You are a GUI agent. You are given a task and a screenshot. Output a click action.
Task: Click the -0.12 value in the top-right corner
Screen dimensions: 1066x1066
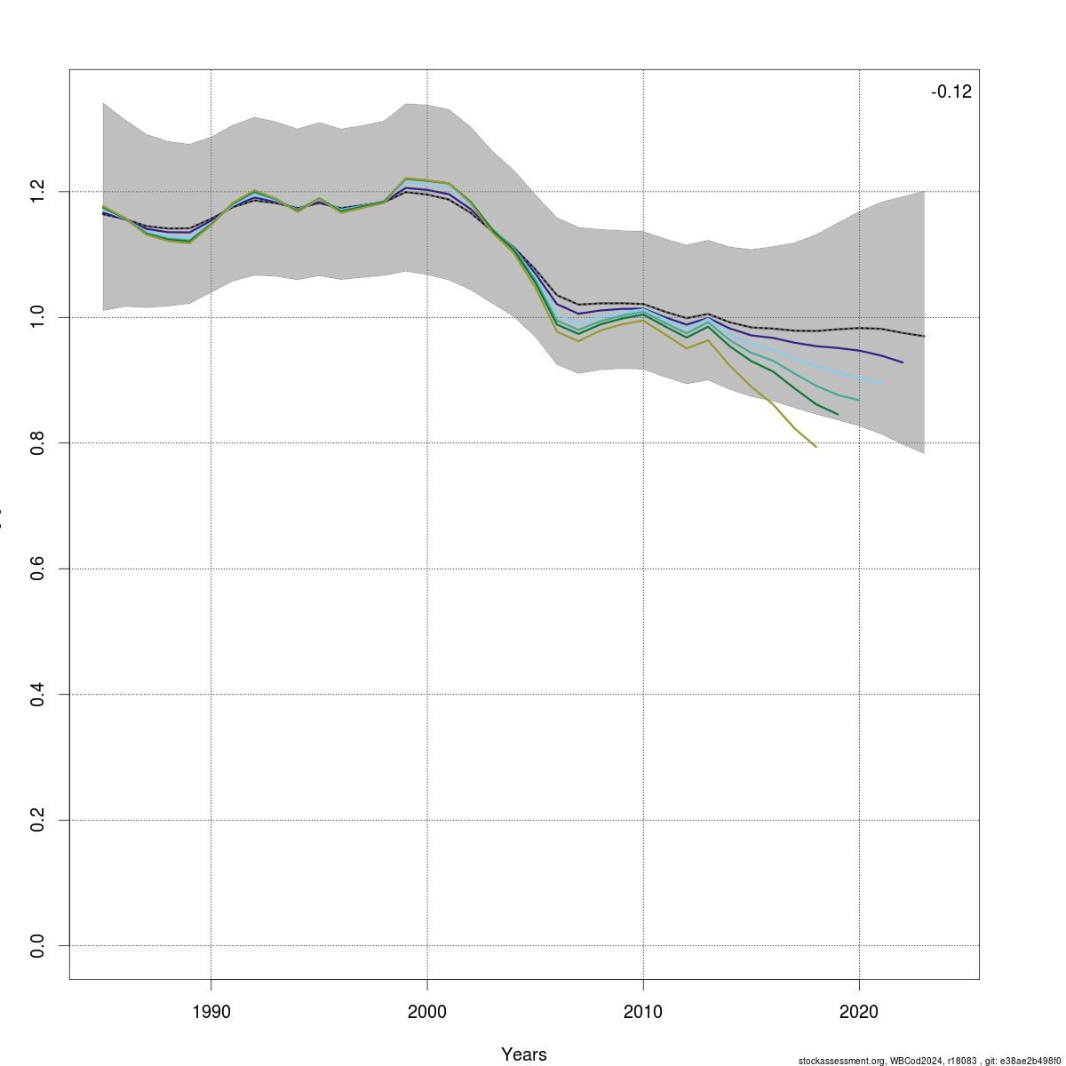951,92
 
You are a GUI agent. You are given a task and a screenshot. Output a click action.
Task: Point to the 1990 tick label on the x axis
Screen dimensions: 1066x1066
211,1012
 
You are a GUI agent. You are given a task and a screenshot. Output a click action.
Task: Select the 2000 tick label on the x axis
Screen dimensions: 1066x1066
427,1012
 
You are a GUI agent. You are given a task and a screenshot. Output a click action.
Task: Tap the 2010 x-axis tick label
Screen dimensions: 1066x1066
643,1012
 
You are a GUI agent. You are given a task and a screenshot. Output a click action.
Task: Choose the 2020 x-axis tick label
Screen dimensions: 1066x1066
859,1012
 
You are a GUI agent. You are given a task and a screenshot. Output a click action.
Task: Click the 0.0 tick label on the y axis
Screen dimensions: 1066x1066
37,946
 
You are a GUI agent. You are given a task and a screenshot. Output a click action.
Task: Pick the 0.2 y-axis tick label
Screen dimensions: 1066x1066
37,820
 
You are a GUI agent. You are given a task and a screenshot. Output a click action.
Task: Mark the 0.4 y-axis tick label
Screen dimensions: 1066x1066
37,694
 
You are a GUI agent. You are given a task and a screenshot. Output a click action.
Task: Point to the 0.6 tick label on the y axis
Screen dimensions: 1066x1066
37,569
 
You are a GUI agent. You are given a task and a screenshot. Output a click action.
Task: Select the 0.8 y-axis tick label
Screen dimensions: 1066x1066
37,442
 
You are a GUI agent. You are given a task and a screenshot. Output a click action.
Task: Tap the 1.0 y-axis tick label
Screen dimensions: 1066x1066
37,317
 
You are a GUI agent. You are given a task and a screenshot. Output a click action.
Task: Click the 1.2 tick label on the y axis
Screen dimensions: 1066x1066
37,191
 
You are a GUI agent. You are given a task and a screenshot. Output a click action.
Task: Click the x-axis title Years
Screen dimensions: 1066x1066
524,1054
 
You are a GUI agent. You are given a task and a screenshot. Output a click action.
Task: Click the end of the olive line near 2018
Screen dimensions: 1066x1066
815,446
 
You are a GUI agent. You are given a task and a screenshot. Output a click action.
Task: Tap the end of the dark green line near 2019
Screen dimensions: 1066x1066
838,414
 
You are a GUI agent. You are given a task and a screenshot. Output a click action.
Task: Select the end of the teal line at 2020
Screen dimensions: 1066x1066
859,400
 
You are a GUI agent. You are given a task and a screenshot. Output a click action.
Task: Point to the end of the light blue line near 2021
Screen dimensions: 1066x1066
880,383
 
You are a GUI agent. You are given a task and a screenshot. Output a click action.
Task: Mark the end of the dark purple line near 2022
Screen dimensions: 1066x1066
903,362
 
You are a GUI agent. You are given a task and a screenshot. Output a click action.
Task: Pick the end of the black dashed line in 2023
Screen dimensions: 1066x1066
924,336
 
